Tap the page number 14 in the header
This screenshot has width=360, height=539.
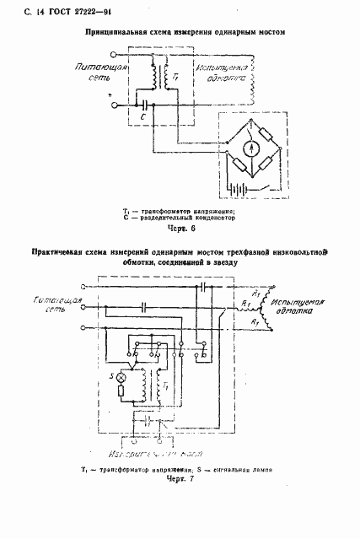[x=20, y=9]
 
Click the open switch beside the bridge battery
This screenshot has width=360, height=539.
[x=269, y=185]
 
